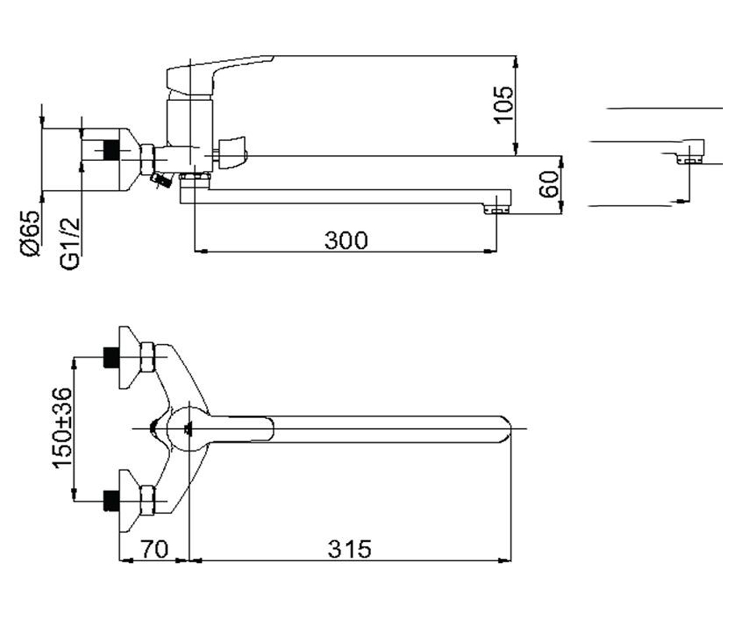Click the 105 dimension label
(x=503, y=105)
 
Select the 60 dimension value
(x=549, y=184)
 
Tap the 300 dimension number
(x=346, y=240)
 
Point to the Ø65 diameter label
(x=30, y=233)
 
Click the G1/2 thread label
(x=70, y=244)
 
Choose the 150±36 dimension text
(x=62, y=429)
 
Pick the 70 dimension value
(x=155, y=549)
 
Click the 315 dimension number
(x=350, y=549)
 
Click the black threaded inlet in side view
(x=111, y=150)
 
